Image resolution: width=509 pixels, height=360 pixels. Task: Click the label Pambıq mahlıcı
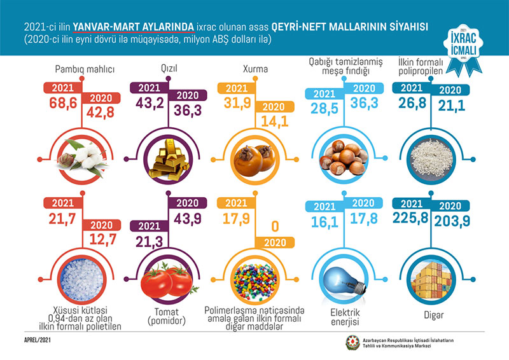point(76,69)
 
